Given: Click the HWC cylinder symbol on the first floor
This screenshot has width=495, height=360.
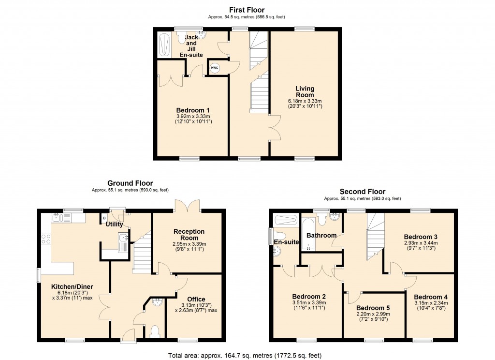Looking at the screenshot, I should coord(215,68).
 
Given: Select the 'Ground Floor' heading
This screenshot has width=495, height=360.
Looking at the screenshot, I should coord(130,183).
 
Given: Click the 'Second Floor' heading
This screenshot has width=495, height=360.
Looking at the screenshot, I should coord(363,192).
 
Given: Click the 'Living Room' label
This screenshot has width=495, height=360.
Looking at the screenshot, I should coord(305,91).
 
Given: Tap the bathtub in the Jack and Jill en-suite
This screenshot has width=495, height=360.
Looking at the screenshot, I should coord(163,44).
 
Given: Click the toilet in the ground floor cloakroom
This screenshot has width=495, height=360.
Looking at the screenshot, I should coord(155,331).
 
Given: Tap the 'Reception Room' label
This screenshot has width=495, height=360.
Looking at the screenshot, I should coord(189,235).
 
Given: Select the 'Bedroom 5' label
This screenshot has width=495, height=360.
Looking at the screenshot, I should coord(373,308).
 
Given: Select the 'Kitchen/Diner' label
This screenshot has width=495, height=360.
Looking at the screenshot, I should coord(73,286).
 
